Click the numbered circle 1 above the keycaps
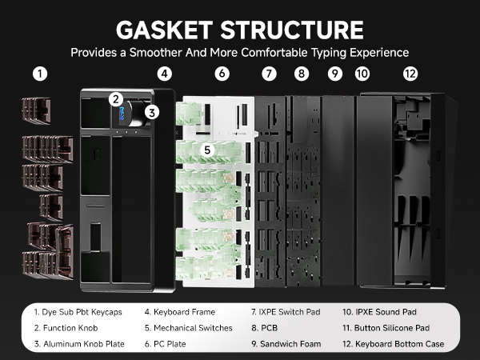[x=40, y=74]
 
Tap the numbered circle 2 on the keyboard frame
[x=116, y=99]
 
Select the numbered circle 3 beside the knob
[x=152, y=112]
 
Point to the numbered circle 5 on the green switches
[x=207, y=150]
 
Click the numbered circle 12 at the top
[x=410, y=74]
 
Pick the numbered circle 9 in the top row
[x=335, y=74]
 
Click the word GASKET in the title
[x=164, y=30]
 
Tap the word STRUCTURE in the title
[x=292, y=30]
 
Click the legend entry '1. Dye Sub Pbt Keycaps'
[x=78, y=312]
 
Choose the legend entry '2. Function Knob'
[x=66, y=328]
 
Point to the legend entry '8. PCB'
[x=265, y=328]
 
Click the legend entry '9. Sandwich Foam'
[x=286, y=344]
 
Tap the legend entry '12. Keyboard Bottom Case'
[x=394, y=344]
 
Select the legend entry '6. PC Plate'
[x=166, y=344]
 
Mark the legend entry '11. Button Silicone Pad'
[x=386, y=328]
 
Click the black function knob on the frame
[x=136, y=113]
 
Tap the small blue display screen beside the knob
[x=122, y=114]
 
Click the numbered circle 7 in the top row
[x=269, y=74]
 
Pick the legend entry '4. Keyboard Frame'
[x=180, y=312]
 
